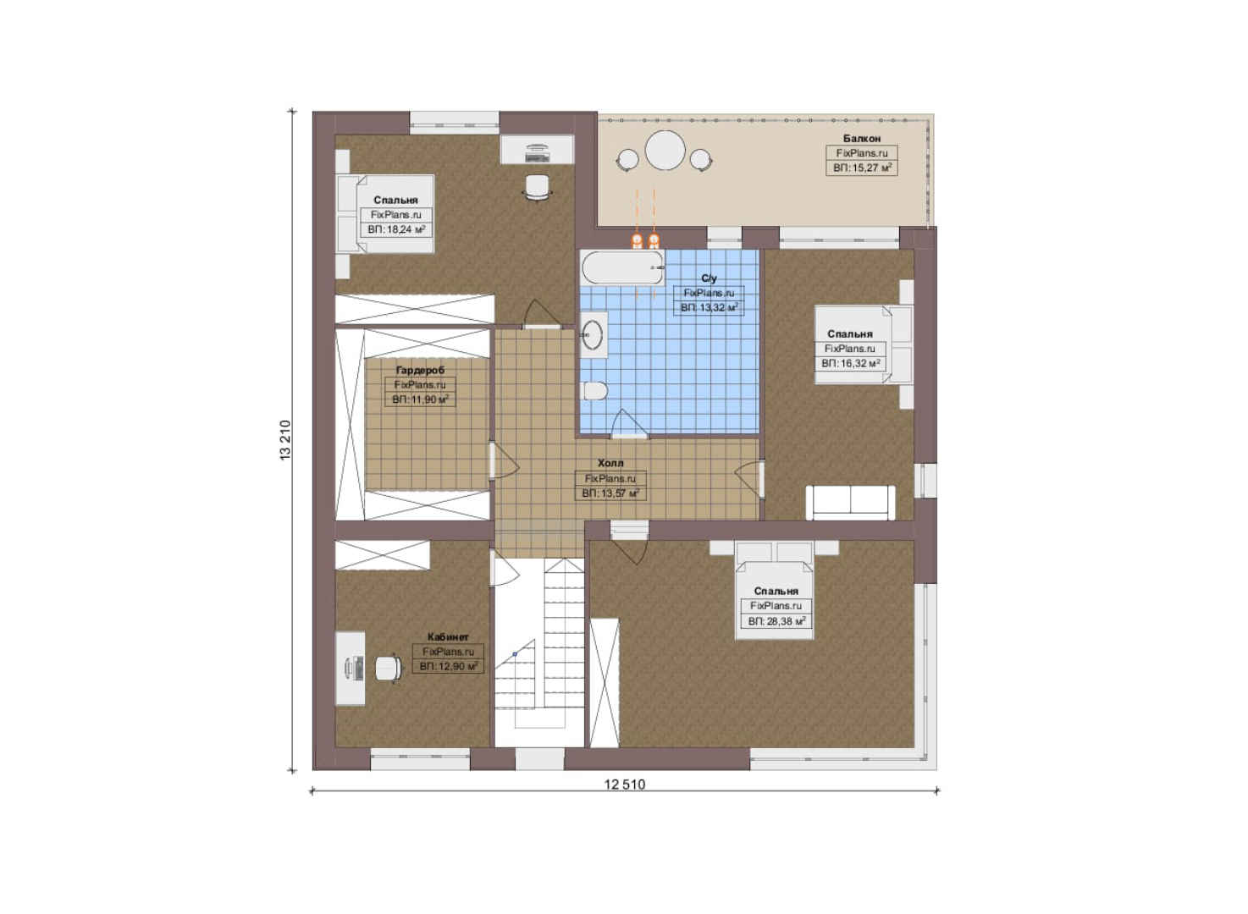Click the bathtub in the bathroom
click(623, 267)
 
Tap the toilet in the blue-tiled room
click(594, 391)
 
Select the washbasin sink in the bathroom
click(593, 334)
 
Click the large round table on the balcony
click(665, 151)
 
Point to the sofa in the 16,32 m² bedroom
click(850, 503)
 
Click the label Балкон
click(861, 138)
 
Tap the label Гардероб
click(420, 370)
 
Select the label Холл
click(610, 463)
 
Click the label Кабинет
click(448, 636)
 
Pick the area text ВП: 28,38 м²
click(776, 621)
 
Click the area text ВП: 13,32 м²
click(710, 307)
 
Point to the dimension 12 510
click(625, 785)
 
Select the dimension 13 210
click(285, 440)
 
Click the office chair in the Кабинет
click(389, 668)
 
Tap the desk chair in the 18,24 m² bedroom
click(538, 186)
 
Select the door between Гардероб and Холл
click(505, 460)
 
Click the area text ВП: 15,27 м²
click(862, 168)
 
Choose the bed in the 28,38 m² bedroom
click(775, 590)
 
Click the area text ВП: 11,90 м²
click(420, 399)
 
